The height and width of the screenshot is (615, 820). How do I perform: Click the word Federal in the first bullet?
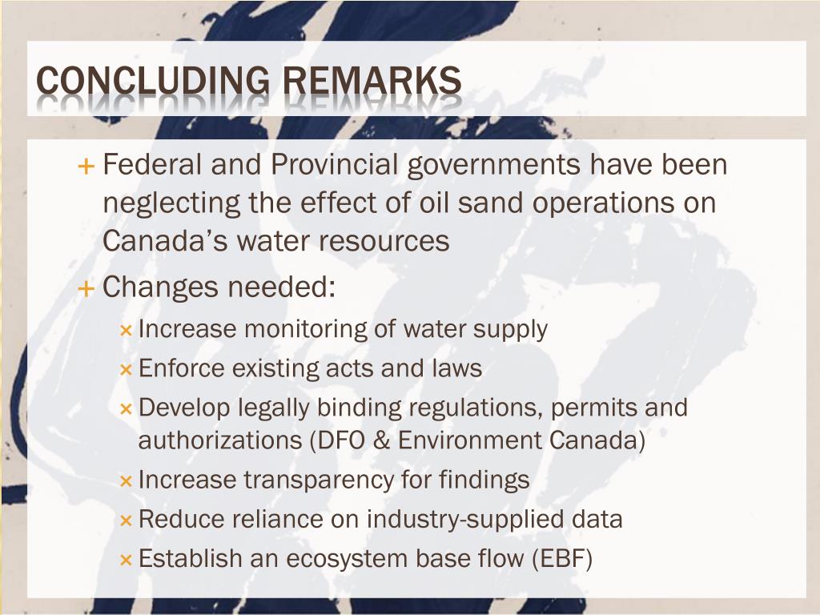pos(152,166)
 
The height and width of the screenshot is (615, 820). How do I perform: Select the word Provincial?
pos(334,166)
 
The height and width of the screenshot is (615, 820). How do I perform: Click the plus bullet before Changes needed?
pos(86,287)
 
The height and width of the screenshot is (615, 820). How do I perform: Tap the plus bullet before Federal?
pos(86,167)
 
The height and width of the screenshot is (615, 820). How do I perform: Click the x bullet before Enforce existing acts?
pos(126,369)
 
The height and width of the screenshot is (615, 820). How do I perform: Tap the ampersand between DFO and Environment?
pos(384,440)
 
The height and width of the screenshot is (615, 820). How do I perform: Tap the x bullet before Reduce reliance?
pos(126,520)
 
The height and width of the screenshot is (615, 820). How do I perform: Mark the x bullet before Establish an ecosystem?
pos(126,559)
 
